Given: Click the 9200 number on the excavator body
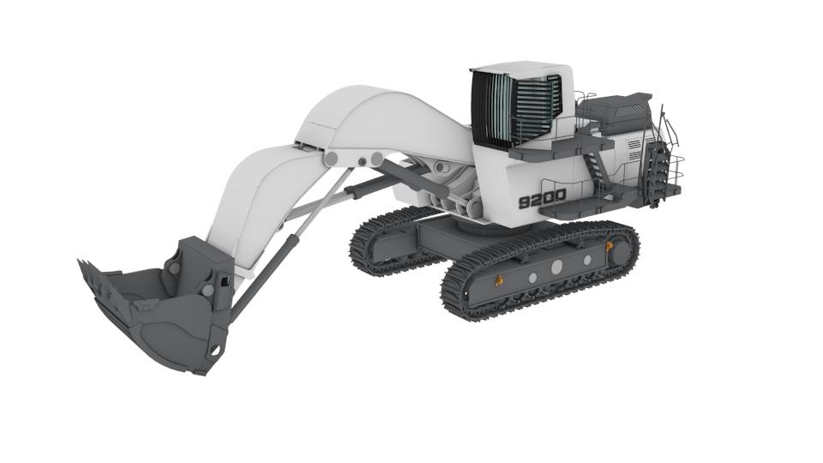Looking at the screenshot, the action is [542, 198].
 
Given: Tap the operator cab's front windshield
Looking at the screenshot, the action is [491, 109].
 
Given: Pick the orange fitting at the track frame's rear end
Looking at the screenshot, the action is [610, 246].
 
